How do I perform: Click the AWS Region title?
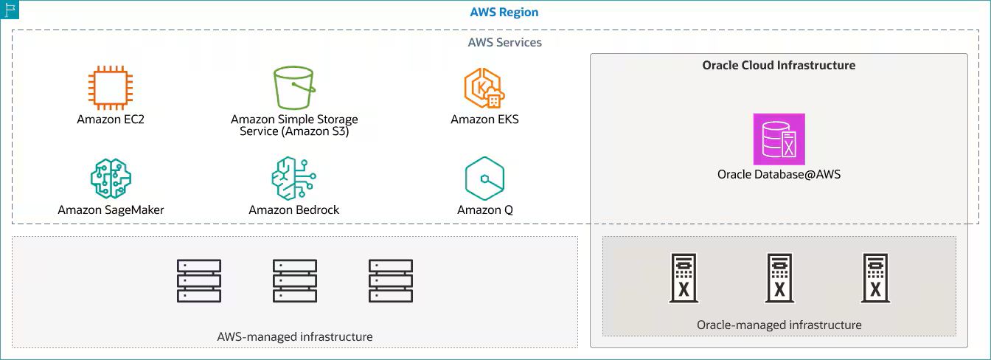504,13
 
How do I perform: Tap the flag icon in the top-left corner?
10,10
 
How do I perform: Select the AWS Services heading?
504,42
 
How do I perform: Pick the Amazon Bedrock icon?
293,178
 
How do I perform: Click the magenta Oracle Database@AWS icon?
779,139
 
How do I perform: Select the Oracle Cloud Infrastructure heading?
779,65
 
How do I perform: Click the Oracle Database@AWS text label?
779,175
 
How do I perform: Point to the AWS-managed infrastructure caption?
294,336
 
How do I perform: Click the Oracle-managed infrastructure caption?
779,325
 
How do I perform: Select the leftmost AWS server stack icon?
199,280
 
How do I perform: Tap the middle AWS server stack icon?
295,280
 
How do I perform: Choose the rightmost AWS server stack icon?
391,280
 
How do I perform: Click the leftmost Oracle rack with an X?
684,279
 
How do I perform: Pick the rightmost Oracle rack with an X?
874,279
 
